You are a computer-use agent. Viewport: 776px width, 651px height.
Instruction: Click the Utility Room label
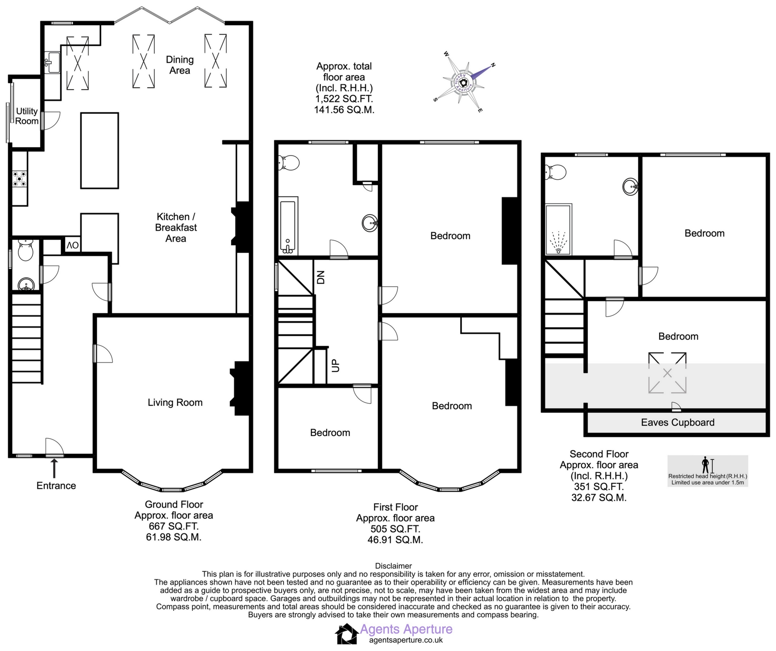[27, 116]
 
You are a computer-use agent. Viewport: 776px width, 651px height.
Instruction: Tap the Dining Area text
[180, 65]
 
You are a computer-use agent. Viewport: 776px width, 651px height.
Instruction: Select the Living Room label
[175, 403]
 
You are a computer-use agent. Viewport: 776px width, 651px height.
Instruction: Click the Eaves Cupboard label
[678, 423]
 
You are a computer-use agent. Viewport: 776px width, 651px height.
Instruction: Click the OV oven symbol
[72, 246]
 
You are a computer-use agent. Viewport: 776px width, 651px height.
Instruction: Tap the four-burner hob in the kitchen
[20, 179]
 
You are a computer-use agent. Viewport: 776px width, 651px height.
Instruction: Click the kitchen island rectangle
[99, 150]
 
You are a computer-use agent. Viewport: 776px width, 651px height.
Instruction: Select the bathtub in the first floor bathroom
[288, 226]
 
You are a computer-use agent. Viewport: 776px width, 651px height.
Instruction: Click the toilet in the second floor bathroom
[556, 172]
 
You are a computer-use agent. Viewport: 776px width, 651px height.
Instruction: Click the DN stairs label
[321, 277]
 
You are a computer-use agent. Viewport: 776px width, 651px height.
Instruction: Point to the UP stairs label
[335, 365]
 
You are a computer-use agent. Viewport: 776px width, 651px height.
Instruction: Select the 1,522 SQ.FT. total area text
[344, 99]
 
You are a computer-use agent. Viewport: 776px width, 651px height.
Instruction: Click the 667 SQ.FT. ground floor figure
[174, 526]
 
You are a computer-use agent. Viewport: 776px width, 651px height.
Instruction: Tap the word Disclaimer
[393, 566]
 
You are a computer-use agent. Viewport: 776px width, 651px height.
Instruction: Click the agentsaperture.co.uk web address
[406, 640]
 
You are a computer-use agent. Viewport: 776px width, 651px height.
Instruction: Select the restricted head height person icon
[705, 465]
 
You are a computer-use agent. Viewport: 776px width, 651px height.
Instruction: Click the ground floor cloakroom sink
[26, 285]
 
